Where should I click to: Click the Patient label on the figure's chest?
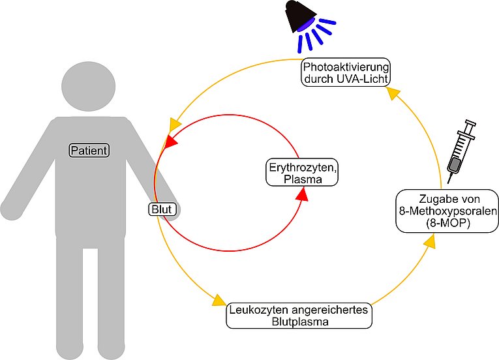89,150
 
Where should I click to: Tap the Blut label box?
162,209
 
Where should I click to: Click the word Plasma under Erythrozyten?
303,179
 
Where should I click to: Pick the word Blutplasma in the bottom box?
300,322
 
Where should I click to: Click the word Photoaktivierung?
346,67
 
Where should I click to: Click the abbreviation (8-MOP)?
447,223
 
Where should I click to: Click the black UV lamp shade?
300,15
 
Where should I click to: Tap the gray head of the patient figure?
89,87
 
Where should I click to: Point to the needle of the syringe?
449,178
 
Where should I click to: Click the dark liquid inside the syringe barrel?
454,164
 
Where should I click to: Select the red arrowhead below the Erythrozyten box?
302,194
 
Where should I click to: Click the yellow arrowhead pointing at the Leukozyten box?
219,301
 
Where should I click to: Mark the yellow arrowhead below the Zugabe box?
430,241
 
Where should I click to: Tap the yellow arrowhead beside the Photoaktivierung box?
393,93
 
